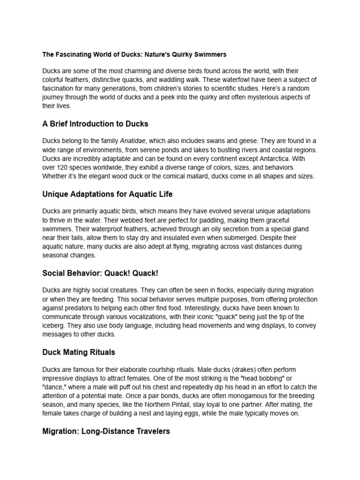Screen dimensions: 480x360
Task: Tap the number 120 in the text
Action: [66, 167]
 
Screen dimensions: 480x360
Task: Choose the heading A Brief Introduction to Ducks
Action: [95, 124]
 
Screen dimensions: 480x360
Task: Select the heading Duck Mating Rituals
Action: [79, 352]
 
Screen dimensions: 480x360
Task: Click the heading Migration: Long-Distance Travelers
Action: [106, 431]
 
